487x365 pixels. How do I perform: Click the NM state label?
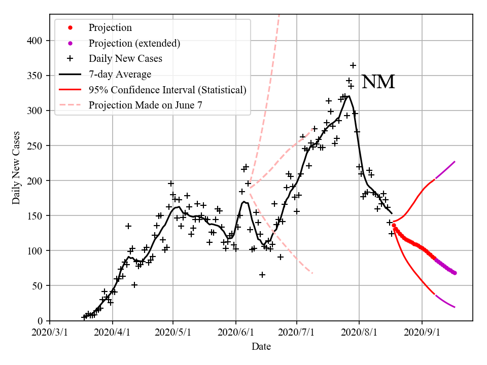378,82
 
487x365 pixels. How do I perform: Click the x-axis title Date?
261,347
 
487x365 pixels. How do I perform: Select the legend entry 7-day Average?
120,75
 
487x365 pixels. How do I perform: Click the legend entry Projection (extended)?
134,43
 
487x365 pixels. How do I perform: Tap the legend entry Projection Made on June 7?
147,105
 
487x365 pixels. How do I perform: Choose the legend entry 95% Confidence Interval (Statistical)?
167,90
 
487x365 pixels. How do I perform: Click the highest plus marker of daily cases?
353,65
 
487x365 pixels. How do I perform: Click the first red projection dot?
394,226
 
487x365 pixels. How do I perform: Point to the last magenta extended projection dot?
455,273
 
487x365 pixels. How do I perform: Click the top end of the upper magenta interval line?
455,162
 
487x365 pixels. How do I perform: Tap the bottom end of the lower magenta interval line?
455,307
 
